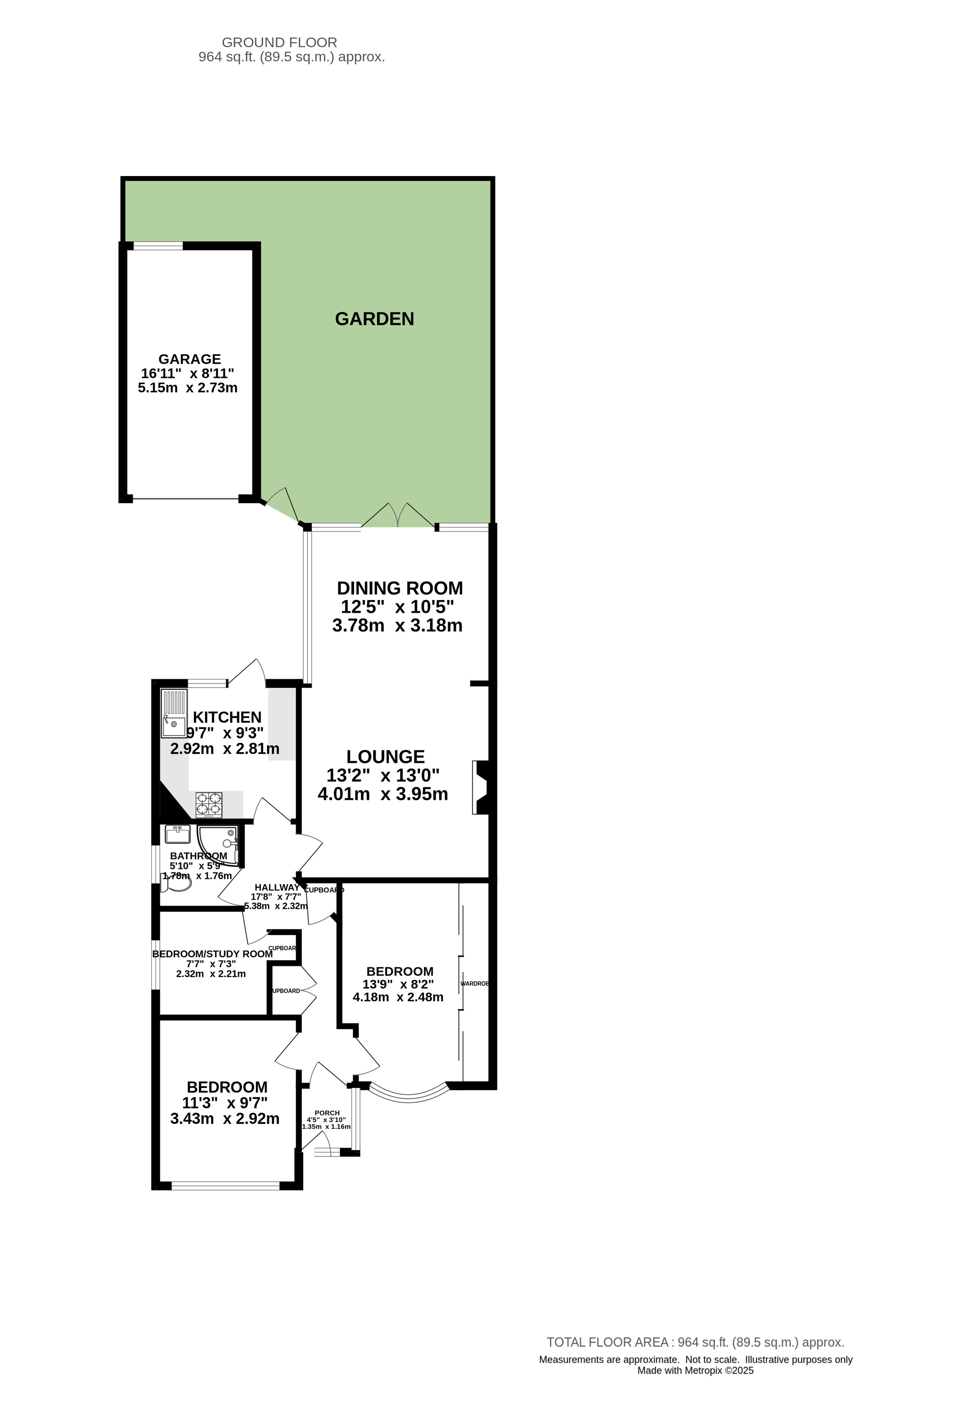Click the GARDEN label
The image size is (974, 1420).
374,319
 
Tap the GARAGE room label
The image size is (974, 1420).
189,359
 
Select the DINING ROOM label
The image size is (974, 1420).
400,589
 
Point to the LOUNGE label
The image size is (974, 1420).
385,757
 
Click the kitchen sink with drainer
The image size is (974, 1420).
173,714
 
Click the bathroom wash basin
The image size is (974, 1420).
178,834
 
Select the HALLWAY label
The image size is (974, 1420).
277,887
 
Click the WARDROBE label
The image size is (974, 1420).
474,984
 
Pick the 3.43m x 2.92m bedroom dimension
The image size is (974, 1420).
225,1119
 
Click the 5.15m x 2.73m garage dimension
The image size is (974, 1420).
188,388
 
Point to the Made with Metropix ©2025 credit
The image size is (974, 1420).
695,1370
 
